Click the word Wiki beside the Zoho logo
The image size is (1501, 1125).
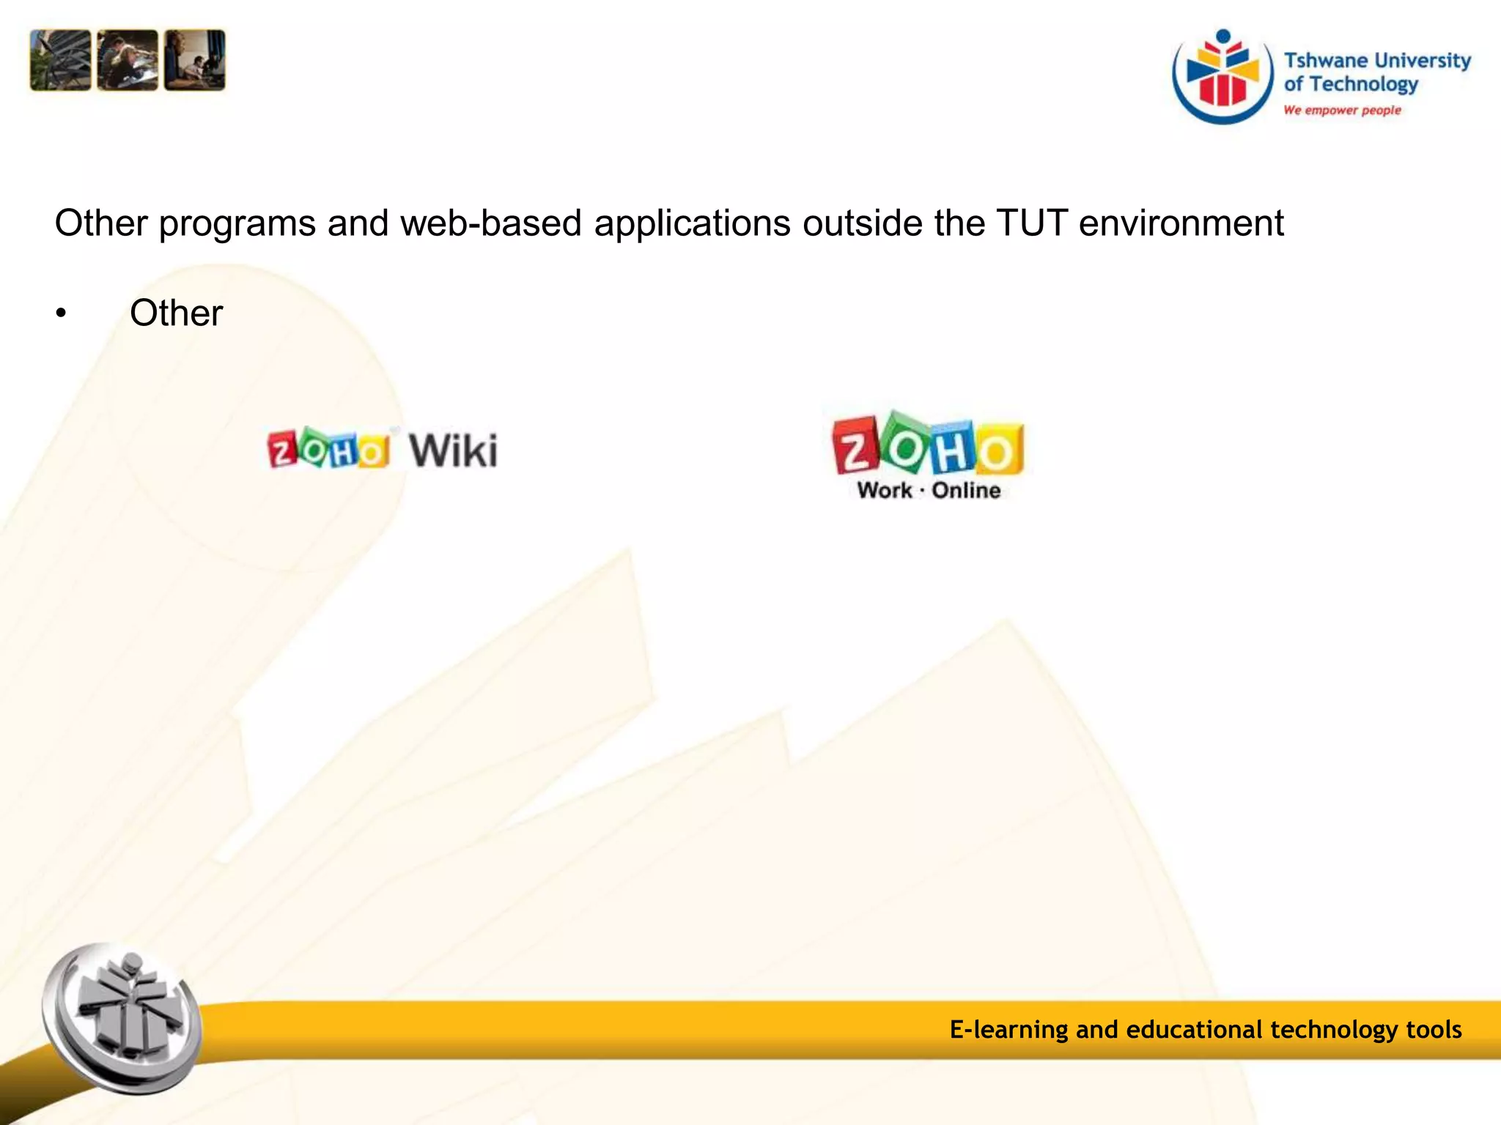pyautogui.click(x=453, y=450)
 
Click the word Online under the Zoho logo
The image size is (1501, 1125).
pyautogui.click(x=966, y=490)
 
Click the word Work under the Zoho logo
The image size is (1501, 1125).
pyautogui.click(x=885, y=490)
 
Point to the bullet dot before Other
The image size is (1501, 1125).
pyautogui.click(x=61, y=315)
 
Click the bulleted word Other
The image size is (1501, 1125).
pyautogui.click(x=176, y=313)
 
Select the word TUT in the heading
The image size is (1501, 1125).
pyautogui.click(x=1032, y=223)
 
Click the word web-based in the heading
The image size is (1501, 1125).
pyautogui.click(x=490, y=223)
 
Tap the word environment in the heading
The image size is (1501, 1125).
pyautogui.click(x=1181, y=223)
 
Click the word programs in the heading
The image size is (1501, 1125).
pyautogui.click(x=237, y=224)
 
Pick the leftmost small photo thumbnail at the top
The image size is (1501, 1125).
pyautogui.click(x=60, y=60)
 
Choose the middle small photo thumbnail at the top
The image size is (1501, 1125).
pyautogui.click(x=128, y=60)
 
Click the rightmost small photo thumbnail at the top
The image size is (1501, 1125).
pyautogui.click(x=195, y=60)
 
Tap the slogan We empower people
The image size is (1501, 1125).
pyautogui.click(x=1342, y=110)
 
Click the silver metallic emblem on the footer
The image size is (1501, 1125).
pyautogui.click(x=122, y=1018)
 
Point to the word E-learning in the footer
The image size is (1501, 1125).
pyautogui.click(x=1008, y=1029)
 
